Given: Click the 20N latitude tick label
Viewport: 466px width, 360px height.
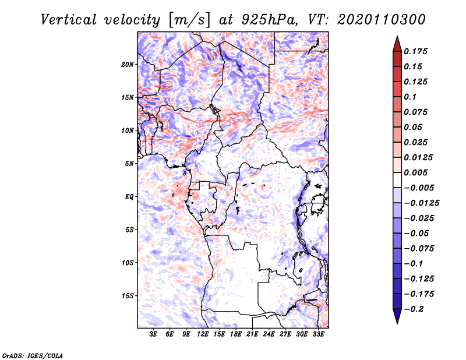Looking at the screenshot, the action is pyautogui.click(x=127, y=65).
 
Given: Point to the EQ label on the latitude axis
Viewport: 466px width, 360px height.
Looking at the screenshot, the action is pyautogui.click(x=129, y=197).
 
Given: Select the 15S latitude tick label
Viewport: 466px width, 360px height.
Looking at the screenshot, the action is pyautogui.click(x=127, y=296).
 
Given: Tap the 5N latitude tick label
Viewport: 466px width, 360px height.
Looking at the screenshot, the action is pyautogui.click(x=129, y=164).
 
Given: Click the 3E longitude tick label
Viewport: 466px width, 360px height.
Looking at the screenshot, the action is pyautogui.click(x=153, y=334).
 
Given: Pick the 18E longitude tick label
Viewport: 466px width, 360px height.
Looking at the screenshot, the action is pyautogui.click(x=236, y=334).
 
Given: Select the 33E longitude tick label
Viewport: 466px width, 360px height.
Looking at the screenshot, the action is pyautogui.click(x=318, y=334).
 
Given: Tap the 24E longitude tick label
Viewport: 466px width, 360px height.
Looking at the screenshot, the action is pyautogui.click(x=269, y=334).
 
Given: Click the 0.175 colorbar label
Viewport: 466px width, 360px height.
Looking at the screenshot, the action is pyautogui.click(x=415, y=51).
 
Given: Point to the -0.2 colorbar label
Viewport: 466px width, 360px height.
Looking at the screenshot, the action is pyautogui.click(x=414, y=309).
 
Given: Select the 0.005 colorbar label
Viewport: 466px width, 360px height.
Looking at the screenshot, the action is pyautogui.click(x=415, y=172).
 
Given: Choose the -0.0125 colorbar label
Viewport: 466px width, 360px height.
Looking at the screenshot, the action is pyautogui.click(x=421, y=203).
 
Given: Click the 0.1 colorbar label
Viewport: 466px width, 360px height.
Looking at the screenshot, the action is pyautogui.click(x=410, y=97).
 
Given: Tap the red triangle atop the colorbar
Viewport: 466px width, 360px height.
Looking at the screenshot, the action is pyautogui.click(x=397, y=44).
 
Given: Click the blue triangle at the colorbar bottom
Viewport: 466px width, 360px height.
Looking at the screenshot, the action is pyautogui.click(x=397, y=316).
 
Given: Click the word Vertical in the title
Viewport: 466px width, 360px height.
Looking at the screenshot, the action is pyautogui.click(x=69, y=20).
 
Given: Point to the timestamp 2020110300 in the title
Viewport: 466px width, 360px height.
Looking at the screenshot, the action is pyautogui.click(x=382, y=20).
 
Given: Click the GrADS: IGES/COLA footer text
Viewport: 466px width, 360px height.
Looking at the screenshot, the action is pyautogui.click(x=33, y=356).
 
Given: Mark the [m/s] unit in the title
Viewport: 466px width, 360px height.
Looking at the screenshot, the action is pyautogui.click(x=190, y=20).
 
